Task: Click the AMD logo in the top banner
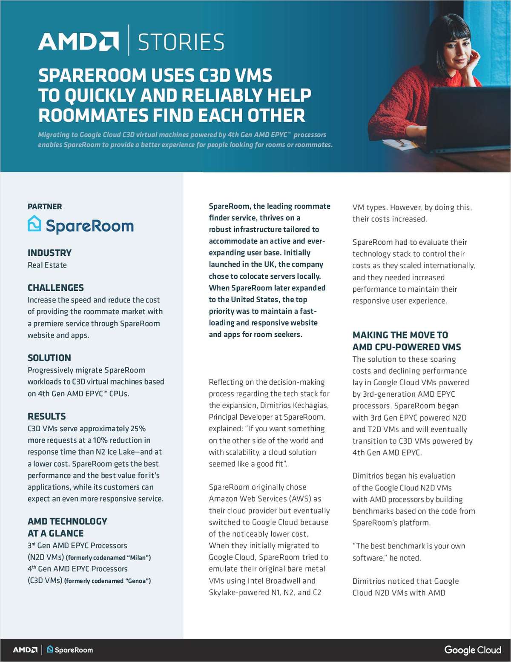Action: [78, 41]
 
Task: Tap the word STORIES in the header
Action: [181, 42]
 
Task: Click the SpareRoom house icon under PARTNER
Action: [34, 224]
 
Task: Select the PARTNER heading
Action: [45, 206]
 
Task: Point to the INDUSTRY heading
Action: [49, 253]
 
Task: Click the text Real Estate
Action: [47, 265]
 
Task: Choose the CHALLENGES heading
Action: [56, 288]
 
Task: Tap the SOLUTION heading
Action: [49, 358]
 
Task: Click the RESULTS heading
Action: [47, 416]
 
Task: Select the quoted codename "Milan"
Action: [138, 558]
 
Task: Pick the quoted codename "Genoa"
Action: [137, 581]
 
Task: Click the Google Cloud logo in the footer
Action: [473, 650]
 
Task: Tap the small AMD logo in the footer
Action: [25, 650]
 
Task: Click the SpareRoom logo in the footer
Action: [70, 650]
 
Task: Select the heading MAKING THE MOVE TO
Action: [400, 335]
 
